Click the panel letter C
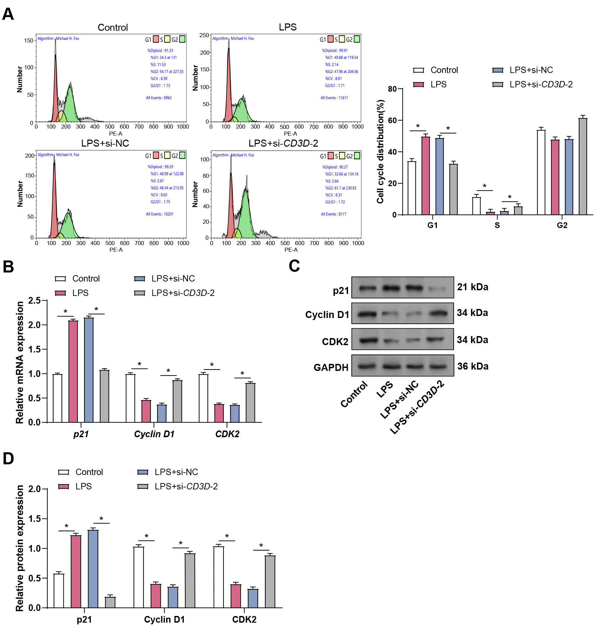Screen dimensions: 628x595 [x=294, y=266]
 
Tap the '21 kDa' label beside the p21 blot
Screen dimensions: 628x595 [x=472, y=287]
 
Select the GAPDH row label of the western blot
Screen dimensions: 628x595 [x=331, y=367]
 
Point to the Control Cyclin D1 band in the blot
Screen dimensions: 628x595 [x=367, y=314]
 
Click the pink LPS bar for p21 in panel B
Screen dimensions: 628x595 [x=73, y=372]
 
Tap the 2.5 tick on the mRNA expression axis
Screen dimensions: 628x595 [x=34, y=301]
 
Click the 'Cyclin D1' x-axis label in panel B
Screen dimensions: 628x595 [x=154, y=434]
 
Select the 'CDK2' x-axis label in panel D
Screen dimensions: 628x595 [x=244, y=619]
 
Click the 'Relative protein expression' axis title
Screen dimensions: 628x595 [x=20, y=548]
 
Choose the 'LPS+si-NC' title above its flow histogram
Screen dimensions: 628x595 [x=105, y=143]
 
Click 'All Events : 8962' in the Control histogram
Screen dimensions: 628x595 [x=158, y=98]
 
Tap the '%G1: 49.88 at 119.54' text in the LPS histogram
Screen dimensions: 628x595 [x=341, y=58]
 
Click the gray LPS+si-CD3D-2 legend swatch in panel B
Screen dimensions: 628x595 [x=139, y=293]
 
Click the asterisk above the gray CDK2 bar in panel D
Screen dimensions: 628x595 [x=261, y=545]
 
